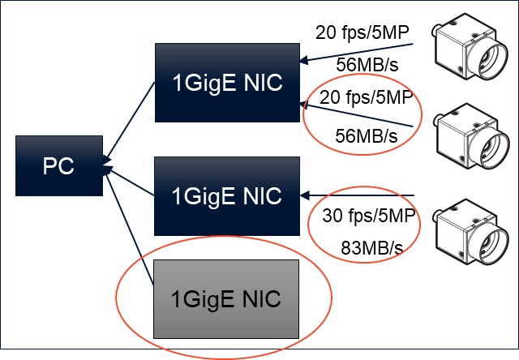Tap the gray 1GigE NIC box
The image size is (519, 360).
[225, 299]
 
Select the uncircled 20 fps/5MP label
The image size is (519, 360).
[362, 32]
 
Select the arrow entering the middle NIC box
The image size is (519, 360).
[357, 195]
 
